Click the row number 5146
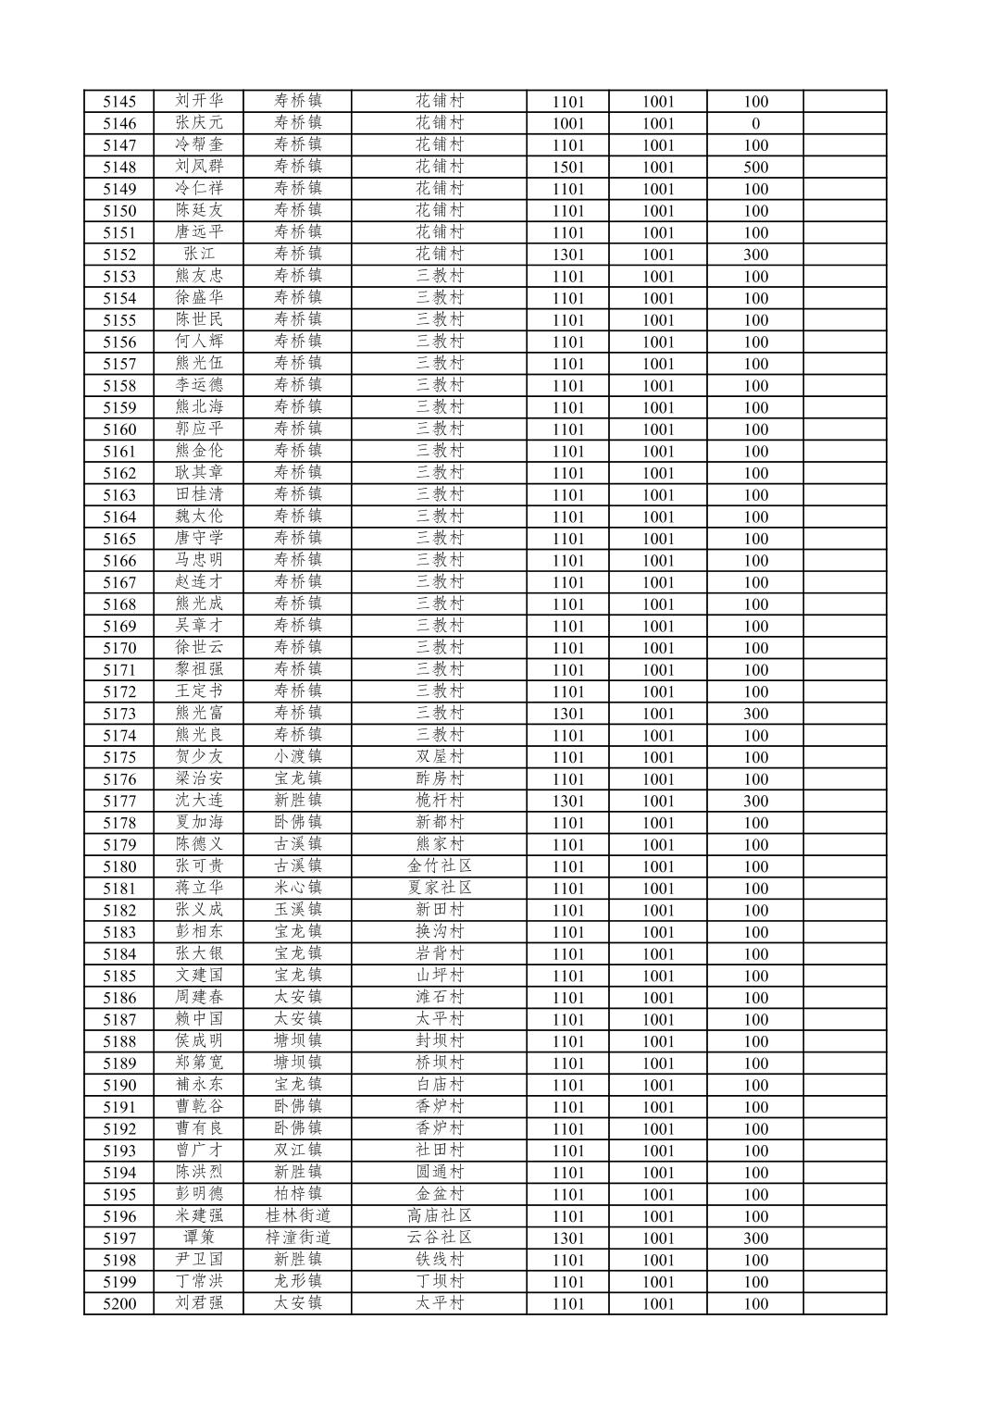(x=119, y=123)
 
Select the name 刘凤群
(x=199, y=167)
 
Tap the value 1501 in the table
(x=567, y=168)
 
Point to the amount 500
(x=755, y=168)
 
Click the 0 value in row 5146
(x=755, y=123)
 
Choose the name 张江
(x=199, y=255)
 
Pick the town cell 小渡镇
(x=297, y=757)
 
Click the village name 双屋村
(x=439, y=757)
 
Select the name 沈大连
(x=199, y=801)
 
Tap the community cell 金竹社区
(x=439, y=866)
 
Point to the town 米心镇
(x=297, y=889)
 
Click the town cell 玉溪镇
(x=297, y=910)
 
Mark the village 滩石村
(x=439, y=998)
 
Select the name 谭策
(x=199, y=1238)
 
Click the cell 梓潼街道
(x=297, y=1238)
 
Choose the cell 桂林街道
(x=297, y=1216)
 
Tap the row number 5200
(x=119, y=1304)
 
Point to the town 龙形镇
(x=297, y=1282)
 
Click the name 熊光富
(x=199, y=714)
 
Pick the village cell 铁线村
(x=439, y=1260)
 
